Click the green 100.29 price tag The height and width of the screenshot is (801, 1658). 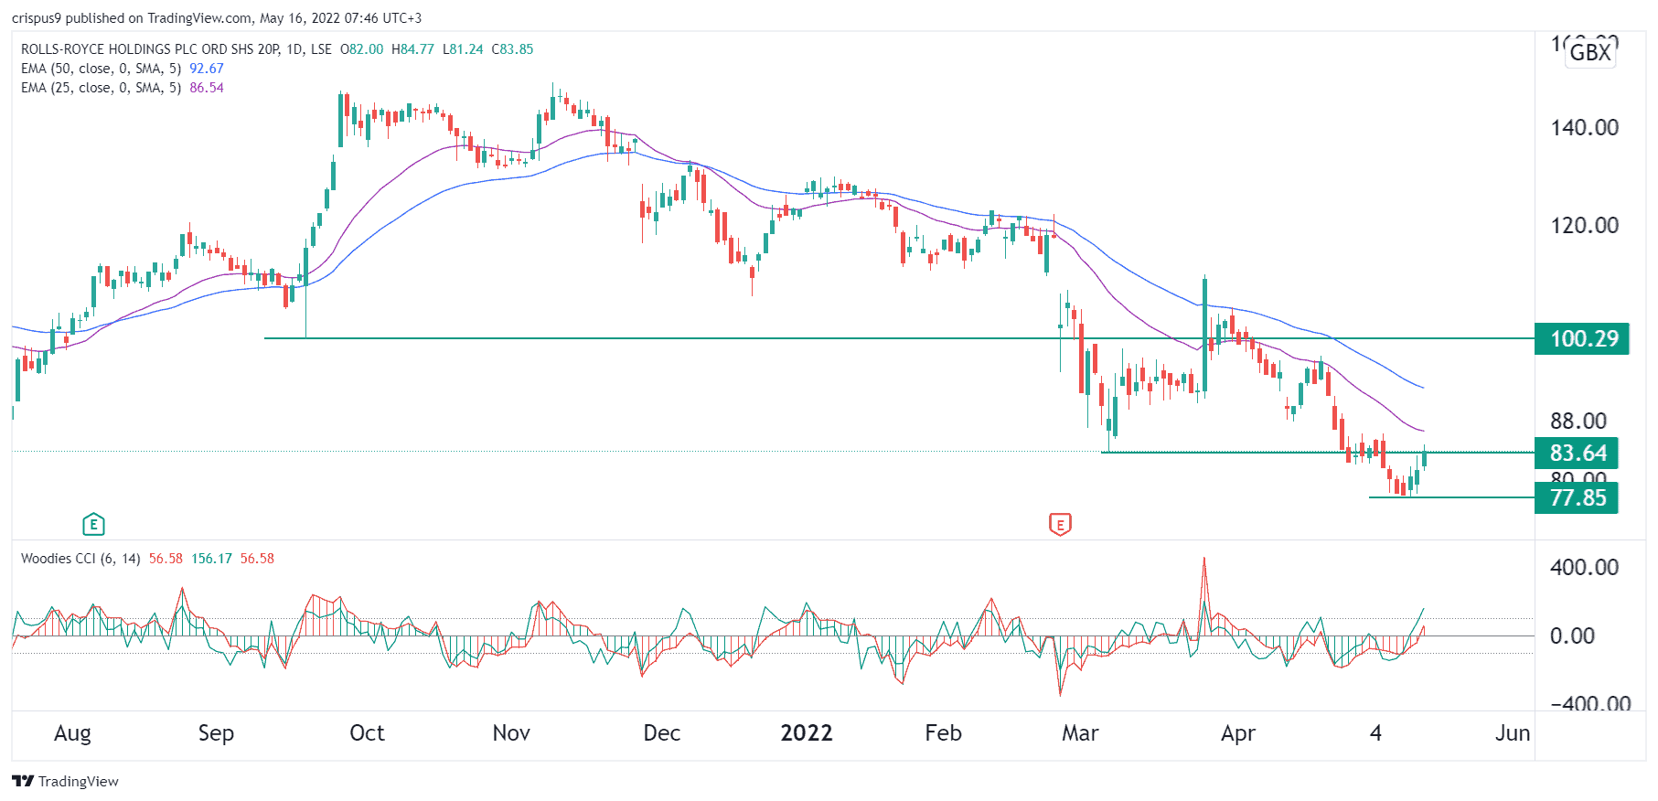click(x=1583, y=339)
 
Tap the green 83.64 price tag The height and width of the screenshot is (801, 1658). click(x=1578, y=454)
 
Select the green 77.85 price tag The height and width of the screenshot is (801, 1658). click(x=1578, y=498)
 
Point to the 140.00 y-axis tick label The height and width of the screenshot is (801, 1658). click(x=1584, y=128)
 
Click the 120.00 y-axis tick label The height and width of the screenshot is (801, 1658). click(x=1584, y=226)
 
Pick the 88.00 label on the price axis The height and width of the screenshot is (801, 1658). click(x=1578, y=422)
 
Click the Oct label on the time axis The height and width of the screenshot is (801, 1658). click(x=367, y=733)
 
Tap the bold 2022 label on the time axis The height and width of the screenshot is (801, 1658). click(x=806, y=733)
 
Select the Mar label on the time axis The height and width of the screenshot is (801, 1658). click(x=1080, y=733)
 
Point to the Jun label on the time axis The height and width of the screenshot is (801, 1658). click(x=1512, y=733)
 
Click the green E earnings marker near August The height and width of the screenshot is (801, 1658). click(x=93, y=525)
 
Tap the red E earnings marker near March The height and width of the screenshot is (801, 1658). click(x=1060, y=525)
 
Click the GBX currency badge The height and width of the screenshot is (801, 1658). click(x=1590, y=52)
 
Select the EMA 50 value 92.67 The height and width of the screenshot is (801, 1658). click(x=207, y=69)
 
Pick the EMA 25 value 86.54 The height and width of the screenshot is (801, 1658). click(x=207, y=88)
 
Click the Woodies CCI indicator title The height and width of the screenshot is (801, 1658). click(x=80, y=559)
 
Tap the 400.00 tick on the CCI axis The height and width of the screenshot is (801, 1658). click(x=1584, y=568)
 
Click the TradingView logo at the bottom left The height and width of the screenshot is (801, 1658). click(x=65, y=781)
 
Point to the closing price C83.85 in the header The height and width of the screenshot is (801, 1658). click(x=512, y=49)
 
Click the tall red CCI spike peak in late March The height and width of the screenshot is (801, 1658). click(x=1203, y=560)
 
